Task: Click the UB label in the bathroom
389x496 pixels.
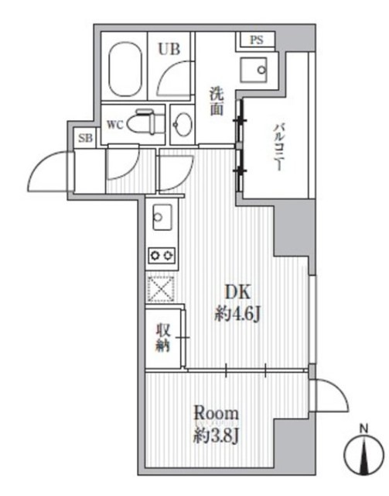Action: pyautogui.click(x=169, y=50)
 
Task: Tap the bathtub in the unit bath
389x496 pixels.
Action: pyautogui.click(x=125, y=69)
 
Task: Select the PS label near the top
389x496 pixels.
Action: pyautogui.click(x=256, y=40)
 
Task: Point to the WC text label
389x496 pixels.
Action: pyautogui.click(x=114, y=125)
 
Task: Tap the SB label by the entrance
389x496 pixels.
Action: pyautogui.click(x=86, y=138)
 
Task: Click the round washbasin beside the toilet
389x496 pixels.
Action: pyautogui.click(x=183, y=125)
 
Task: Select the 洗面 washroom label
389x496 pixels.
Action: pyautogui.click(x=217, y=102)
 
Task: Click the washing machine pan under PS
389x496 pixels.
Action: pyautogui.click(x=253, y=70)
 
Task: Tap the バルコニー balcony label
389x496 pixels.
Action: pyautogui.click(x=278, y=147)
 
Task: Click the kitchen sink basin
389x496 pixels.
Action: pyautogui.click(x=162, y=217)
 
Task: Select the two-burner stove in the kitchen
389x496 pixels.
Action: pyautogui.click(x=162, y=255)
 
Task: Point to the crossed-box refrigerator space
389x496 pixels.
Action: pyautogui.click(x=161, y=289)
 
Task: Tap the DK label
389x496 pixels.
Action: pyautogui.click(x=237, y=292)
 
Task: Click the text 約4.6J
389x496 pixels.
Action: pyautogui.click(x=237, y=314)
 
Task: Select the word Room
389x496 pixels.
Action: pyautogui.click(x=216, y=413)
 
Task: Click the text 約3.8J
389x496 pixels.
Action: pyautogui.click(x=216, y=436)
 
